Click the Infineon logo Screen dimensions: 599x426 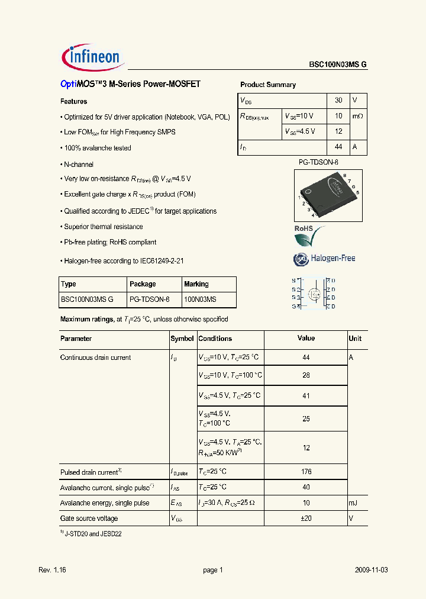click(x=92, y=57)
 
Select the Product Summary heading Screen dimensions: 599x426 click(x=268, y=85)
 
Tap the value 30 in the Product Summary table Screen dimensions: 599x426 click(x=338, y=101)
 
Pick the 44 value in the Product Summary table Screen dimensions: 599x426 click(x=338, y=147)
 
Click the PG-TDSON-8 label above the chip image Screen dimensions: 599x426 click(x=318, y=162)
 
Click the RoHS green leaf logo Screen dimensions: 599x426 click(x=309, y=237)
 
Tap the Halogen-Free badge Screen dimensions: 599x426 click(x=324, y=259)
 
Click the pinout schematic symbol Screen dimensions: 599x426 click(x=314, y=293)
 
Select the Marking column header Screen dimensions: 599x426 click(x=196, y=284)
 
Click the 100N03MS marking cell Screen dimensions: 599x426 click(x=200, y=300)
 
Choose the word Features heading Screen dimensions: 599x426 click(x=73, y=101)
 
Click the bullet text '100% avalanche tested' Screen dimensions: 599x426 click(x=97, y=148)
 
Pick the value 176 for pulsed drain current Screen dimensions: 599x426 click(x=306, y=472)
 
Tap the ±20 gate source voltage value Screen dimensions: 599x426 click(x=306, y=519)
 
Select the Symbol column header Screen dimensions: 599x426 click(x=182, y=339)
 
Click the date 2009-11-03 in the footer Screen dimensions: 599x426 click(x=372, y=570)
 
